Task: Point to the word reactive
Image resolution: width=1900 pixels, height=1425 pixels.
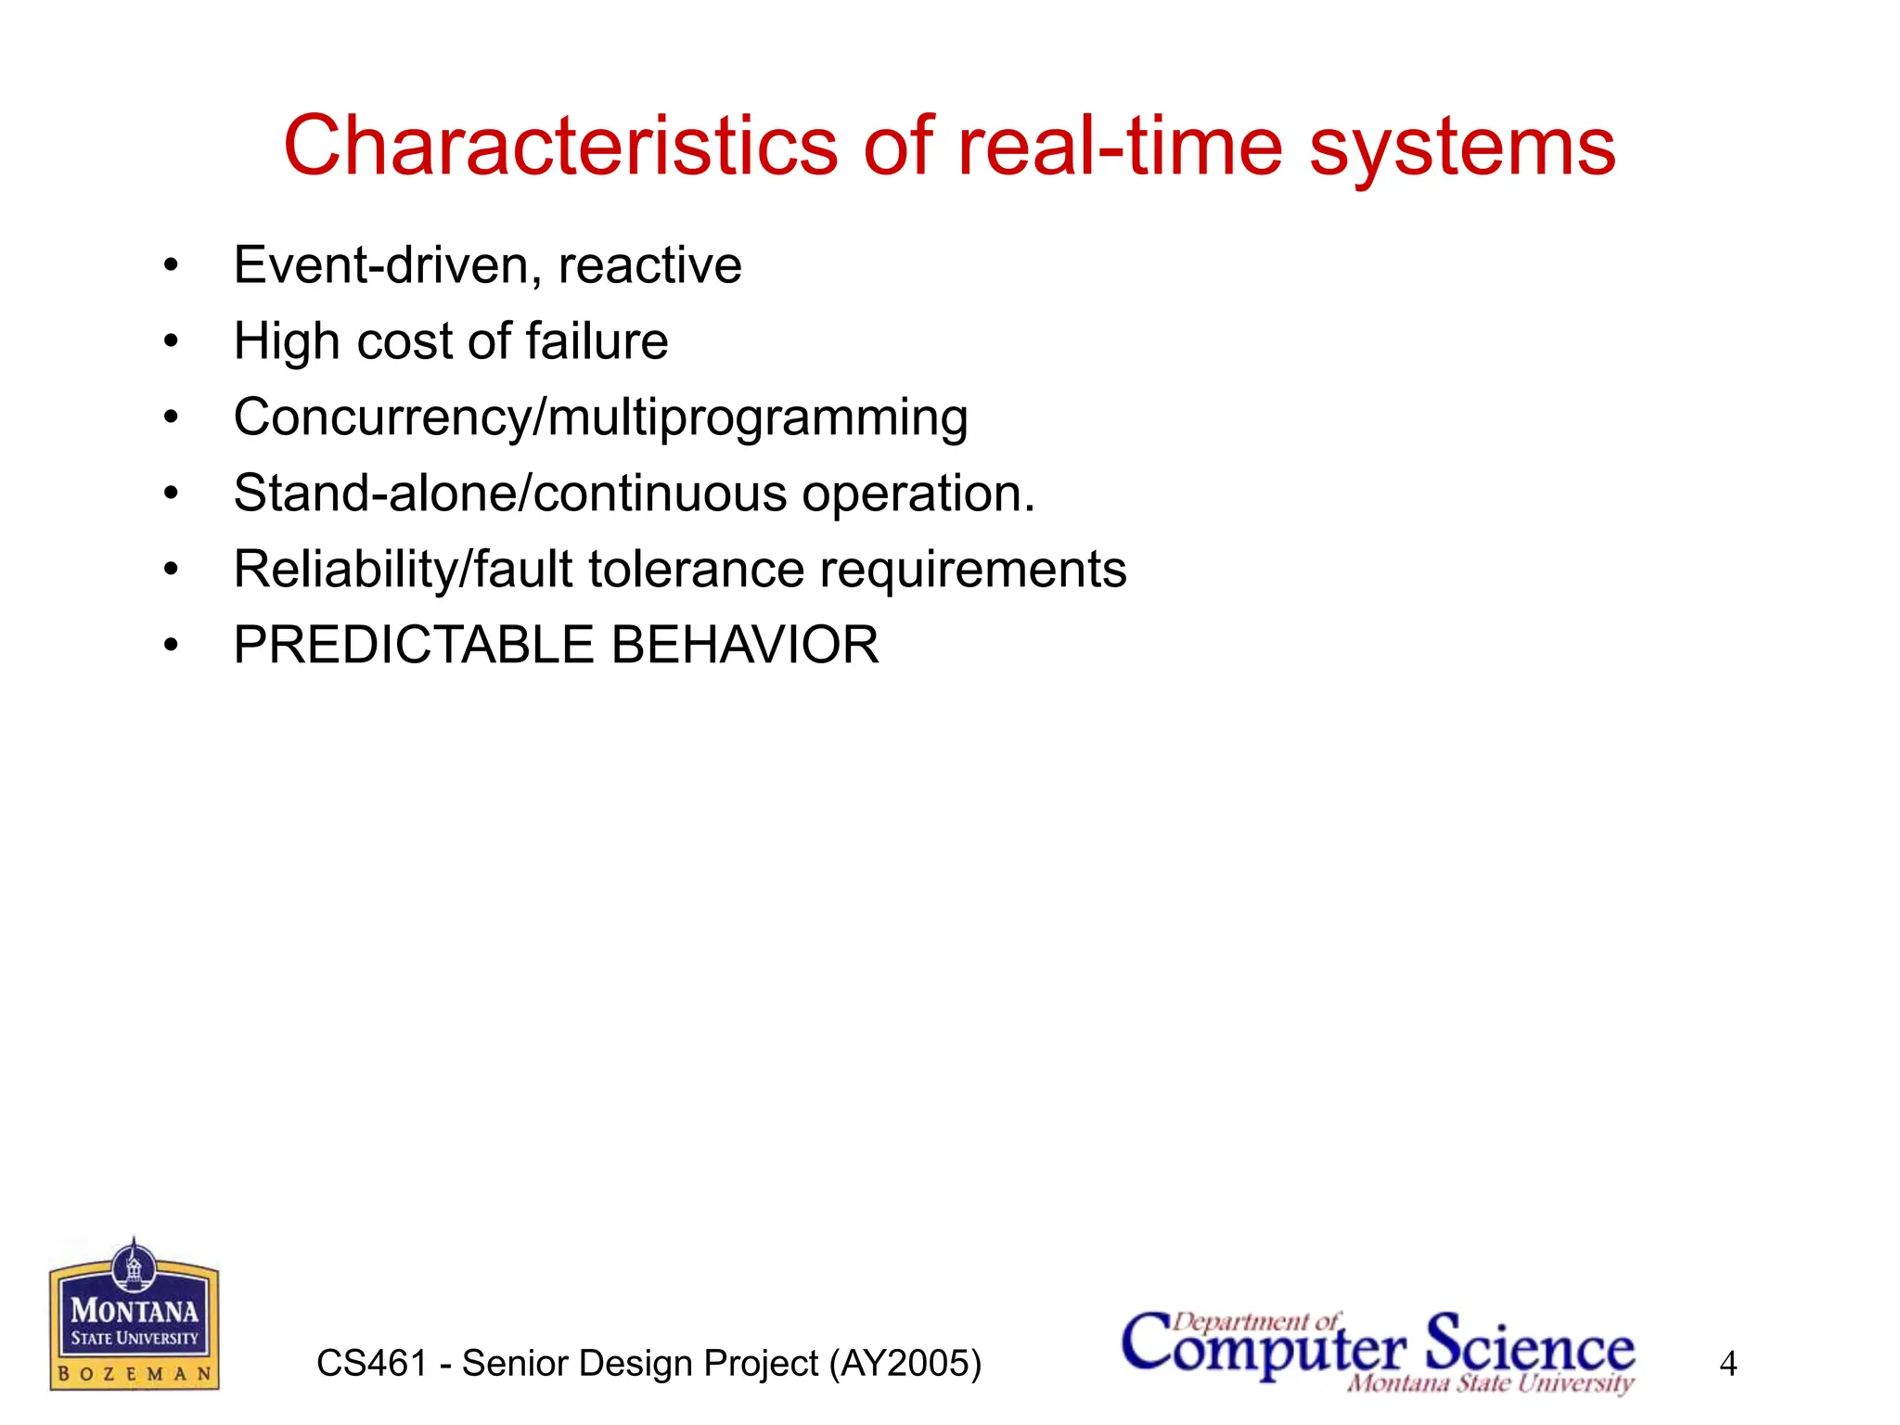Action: pyautogui.click(x=649, y=266)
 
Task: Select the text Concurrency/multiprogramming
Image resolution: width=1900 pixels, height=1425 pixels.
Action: pyautogui.click(x=600, y=418)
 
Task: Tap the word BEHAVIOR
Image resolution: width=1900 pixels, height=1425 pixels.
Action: pyautogui.click(x=745, y=646)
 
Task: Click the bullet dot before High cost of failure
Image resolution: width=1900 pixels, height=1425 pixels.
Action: pyautogui.click(x=171, y=342)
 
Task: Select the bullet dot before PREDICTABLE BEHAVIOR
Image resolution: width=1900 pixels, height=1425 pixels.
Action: pyautogui.click(x=171, y=646)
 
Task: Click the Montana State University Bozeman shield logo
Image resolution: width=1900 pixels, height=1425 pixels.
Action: pyautogui.click(x=135, y=1316)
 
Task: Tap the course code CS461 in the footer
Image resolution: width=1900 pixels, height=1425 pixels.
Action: pyautogui.click(x=372, y=1364)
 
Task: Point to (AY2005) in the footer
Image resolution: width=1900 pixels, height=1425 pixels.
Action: pyautogui.click(x=905, y=1364)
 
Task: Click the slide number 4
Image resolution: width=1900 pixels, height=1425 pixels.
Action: pyautogui.click(x=1727, y=1364)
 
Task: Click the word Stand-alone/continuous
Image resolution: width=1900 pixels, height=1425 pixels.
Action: pyautogui.click(x=508, y=494)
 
